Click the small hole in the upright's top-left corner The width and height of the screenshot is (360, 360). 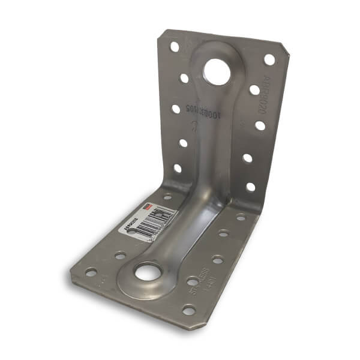(x=174, y=46)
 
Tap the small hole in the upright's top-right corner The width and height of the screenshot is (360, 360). (x=269, y=59)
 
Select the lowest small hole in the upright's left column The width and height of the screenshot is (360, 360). (x=178, y=168)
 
